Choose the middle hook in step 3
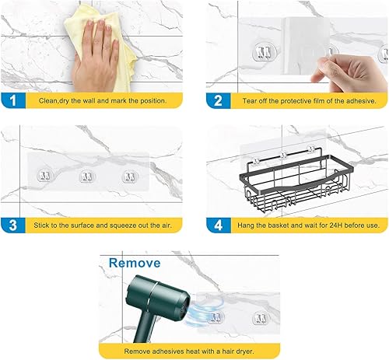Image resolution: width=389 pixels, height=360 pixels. (86, 177)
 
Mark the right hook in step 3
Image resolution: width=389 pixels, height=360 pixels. (127, 177)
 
